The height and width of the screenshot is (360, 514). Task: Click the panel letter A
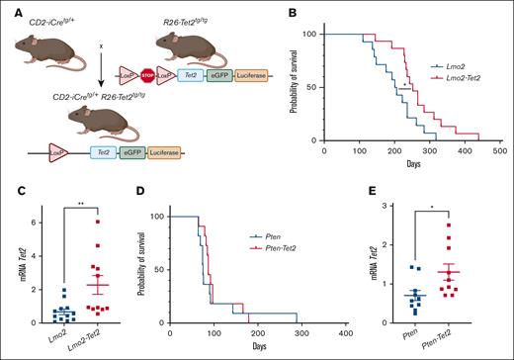pos(10,13)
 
